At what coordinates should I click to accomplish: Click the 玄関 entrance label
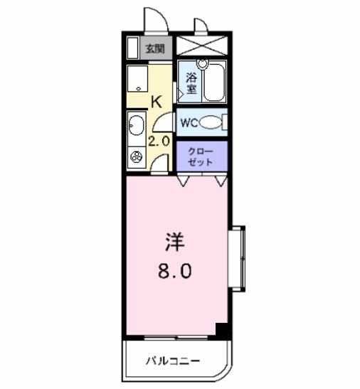[155, 49]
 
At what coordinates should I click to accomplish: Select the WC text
[188, 122]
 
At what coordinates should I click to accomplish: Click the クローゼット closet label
[200, 156]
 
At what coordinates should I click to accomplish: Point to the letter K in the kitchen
[157, 101]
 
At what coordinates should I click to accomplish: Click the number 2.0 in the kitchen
[159, 140]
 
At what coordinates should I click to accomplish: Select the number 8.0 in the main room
[174, 271]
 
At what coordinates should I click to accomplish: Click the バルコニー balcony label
[174, 361]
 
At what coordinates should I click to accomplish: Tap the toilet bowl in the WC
[211, 122]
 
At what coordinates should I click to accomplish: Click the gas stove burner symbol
[134, 156]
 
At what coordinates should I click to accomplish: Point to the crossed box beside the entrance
[203, 47]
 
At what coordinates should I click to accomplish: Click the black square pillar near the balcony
[222, 331]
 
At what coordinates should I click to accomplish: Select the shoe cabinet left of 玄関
[132, 48]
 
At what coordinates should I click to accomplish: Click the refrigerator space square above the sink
[137, 78]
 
